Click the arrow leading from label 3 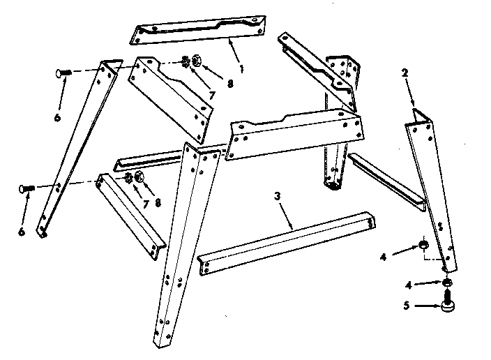click(286, 212)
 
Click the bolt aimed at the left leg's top click(61, 72)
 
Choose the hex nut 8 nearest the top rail click(197, 61)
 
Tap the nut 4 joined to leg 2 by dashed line click(423, 244)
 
